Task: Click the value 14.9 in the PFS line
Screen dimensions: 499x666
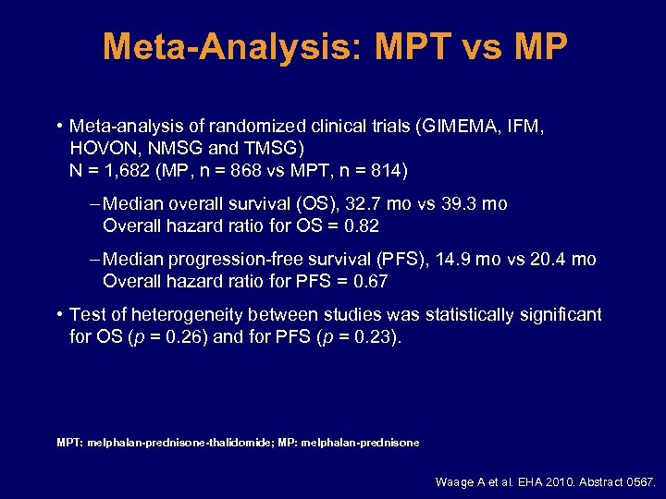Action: [x=450, y=260]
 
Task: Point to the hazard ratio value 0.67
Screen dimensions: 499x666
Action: [x=369, y=282]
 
